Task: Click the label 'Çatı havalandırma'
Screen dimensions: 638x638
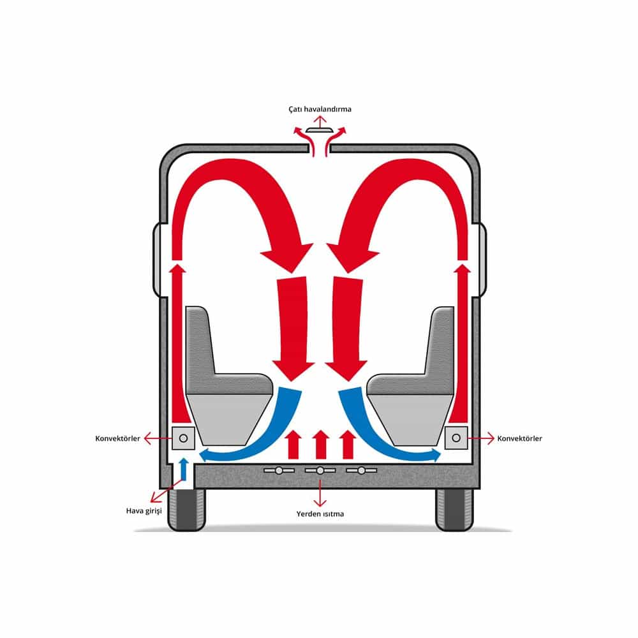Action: point(320,109)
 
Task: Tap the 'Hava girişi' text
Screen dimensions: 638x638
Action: point(144,511)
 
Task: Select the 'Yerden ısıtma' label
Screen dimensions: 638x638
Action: point(320,514)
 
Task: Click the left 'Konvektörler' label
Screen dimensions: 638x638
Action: point(117,439)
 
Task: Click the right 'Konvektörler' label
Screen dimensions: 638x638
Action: point(519,439)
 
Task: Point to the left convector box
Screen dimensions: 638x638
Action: point(183,438)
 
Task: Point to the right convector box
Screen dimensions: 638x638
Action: point(456,438)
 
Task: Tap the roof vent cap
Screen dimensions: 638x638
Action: point(320,130)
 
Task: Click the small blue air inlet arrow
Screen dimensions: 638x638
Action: point(184,469)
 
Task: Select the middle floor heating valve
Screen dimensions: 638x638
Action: point(320,470)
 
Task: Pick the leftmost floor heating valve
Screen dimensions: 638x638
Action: point(279,470)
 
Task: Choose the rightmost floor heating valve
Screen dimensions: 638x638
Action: point(361,470)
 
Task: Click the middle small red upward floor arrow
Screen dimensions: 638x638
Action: point(321,444)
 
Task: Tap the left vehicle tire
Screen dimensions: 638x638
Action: point(186,509)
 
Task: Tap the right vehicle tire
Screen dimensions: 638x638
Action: point(454,509)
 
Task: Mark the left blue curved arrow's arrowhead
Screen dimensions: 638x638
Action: point(205,455)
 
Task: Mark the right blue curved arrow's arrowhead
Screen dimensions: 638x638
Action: point(434,455)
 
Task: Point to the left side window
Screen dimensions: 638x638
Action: point(157,260)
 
